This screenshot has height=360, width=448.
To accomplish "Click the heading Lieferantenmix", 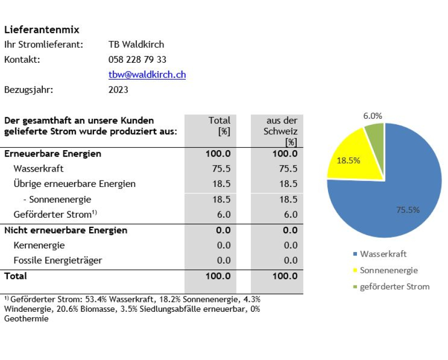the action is coord(42,30).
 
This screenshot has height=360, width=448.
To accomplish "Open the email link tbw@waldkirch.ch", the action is coord(147,75).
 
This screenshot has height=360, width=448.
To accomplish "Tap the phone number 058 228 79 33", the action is coord(137,59).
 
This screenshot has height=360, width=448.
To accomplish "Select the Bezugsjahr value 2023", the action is coord(118,90).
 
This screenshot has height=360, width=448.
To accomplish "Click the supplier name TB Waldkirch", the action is coord(136,45).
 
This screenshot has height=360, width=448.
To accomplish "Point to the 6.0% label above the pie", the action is coord(372,116).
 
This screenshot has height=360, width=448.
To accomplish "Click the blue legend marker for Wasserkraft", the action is coord(355,254).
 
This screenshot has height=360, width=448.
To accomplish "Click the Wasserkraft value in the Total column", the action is coord(221,169).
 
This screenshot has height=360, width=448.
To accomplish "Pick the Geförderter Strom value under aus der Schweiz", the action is coord(291,214).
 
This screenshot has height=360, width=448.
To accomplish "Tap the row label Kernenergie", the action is coord(39,245).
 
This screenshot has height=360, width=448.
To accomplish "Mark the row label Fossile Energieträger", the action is coord(58,261).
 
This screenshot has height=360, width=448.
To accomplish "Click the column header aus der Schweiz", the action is coord(280,131).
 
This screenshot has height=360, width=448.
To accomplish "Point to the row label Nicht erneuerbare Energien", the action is coord(66,230).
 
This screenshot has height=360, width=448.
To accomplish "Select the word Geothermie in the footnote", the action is coord(26,319).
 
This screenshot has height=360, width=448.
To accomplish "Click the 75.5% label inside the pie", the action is coord(408,210).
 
